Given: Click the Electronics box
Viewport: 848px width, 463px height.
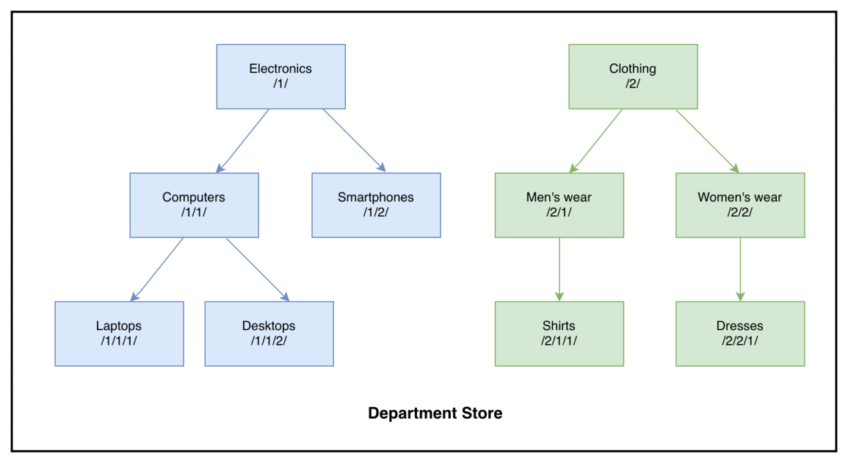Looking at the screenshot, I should [x=280, y=76].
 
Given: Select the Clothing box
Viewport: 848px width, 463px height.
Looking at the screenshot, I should [x=633, y=76].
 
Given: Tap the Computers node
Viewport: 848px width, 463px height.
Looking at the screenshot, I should [x=194, y=205].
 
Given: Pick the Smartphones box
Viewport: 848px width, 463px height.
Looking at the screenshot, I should [x=376, y=205].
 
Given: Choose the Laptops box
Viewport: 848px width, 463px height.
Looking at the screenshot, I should [x=119, y=334].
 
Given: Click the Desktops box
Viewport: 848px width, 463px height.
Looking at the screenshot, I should [x=269, y=334].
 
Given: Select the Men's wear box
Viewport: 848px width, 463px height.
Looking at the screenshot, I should [x=559, y=205].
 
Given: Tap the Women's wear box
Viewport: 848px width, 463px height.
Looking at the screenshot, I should [x=740, y=205].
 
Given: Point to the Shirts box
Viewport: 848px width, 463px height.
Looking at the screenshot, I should [x=559, y=334].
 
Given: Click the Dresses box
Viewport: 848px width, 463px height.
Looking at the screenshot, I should [x=740, y=334].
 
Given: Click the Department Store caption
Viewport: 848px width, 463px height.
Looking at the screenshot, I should [x=435, y=413].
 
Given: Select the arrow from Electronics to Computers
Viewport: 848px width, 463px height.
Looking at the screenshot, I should [x=243, y=141].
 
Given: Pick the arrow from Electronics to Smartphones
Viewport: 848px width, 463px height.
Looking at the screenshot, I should [x=354, y=141].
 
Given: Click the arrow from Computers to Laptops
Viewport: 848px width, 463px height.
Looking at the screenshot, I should [x=157, y=270].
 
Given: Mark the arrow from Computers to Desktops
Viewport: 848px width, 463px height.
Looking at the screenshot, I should [x=258, y=270].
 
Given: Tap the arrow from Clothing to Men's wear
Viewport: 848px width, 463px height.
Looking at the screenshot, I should [x=596, y=141].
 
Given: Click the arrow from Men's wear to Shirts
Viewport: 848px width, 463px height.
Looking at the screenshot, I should [x=559, y=269].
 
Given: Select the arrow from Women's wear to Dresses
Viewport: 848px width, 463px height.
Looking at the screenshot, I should [x=740, y=269].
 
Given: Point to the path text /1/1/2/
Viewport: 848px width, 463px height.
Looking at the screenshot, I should [x=269, y=340].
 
